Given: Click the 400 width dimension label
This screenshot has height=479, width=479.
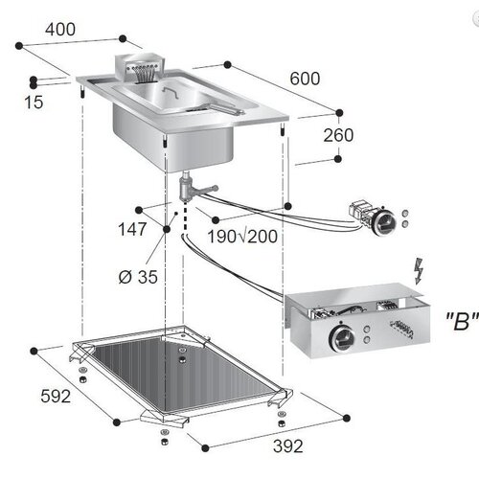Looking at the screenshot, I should coord(59,30).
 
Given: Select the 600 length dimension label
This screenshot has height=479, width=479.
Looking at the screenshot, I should coord(305,79).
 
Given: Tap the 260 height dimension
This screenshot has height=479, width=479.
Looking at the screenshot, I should coord(337,135).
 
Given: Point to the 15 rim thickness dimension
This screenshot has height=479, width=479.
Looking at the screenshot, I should coord(34,102).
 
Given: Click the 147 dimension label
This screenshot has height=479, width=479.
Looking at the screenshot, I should coord(133,230).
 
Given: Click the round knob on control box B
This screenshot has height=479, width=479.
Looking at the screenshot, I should coord(340,338).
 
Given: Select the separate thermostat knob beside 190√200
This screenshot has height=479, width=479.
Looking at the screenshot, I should coord(382,222).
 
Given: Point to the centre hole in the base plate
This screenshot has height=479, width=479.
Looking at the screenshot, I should coord(181,354).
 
